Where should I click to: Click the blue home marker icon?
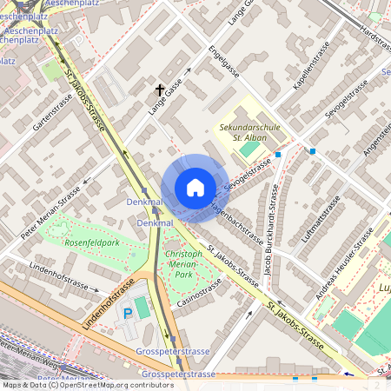tap(195, 188)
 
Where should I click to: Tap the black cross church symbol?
tap(160, 89)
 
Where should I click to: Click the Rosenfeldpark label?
tap(91, 242)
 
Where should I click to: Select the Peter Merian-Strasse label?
tap(51, 212)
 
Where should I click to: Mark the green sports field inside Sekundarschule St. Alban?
tap(249, 149)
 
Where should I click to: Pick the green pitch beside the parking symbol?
tap(142, 308)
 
